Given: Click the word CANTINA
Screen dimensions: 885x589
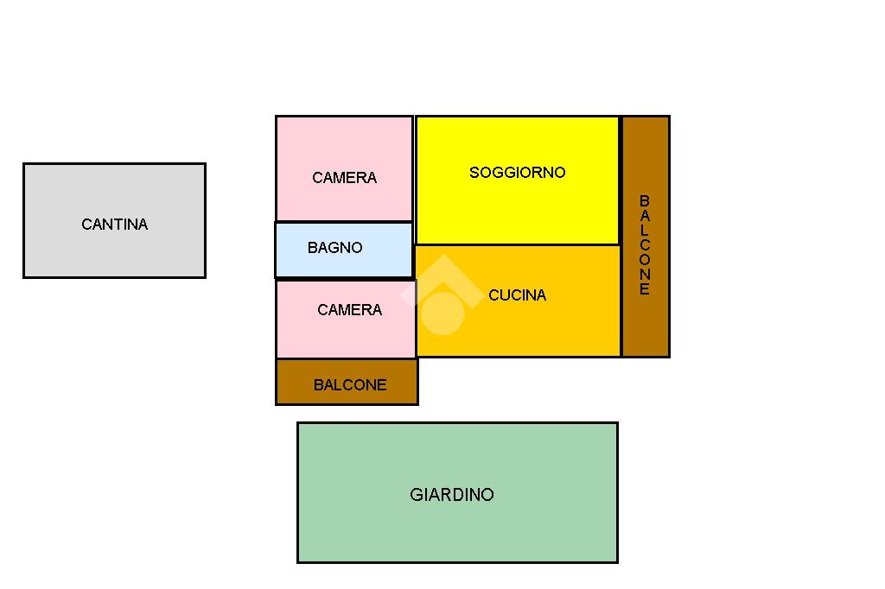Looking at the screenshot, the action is (x=115, y=225).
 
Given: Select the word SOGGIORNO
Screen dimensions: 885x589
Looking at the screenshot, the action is (x=517, y=173).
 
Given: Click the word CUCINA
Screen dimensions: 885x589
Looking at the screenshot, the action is (x=517, y=295).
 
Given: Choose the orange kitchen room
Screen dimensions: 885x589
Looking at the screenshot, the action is (x=553, y=328).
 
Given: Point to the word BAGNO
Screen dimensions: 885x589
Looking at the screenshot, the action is (x=334, y=248).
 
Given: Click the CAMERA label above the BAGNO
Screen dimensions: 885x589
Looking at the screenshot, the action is (x=344, y=178).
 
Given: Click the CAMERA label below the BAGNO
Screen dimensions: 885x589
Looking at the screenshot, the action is (x=349, y=310).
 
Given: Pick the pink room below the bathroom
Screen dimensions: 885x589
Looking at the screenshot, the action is (x=346, y=339).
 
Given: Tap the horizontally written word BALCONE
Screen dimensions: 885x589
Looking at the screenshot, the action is (x=350, y=385).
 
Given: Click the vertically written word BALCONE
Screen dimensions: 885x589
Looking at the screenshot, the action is (x=645, y=245).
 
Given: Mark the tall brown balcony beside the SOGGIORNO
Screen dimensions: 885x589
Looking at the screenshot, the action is (x=646, y=328).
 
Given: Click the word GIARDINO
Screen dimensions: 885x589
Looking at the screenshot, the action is (x=452, y=495).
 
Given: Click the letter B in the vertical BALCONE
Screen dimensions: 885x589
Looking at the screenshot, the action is (x=645, y=201).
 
